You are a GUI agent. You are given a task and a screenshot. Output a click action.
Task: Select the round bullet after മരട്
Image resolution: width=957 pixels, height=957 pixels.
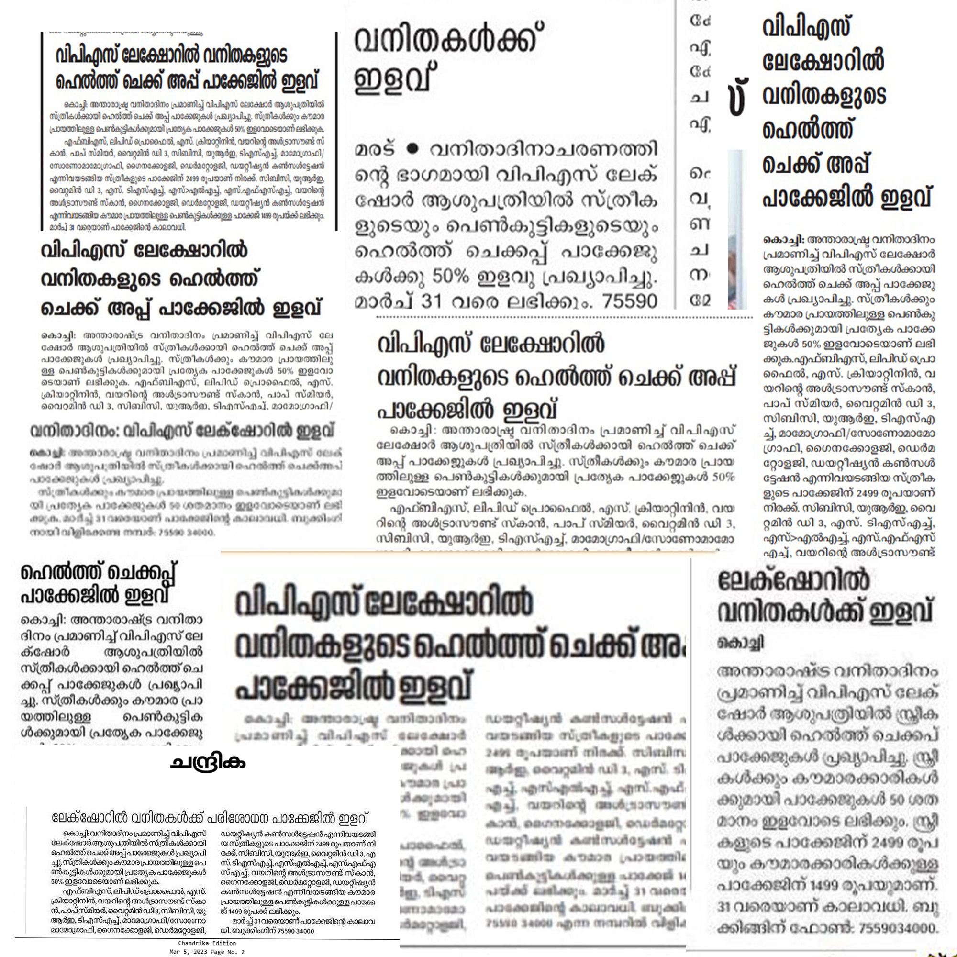pos(411,149)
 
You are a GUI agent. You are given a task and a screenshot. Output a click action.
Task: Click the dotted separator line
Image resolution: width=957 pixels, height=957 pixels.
pos(565,315)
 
